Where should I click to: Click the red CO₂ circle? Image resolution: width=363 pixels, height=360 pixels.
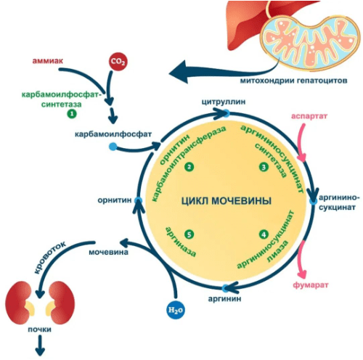(x=118, y=62)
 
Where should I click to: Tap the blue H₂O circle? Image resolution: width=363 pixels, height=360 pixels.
(x=176, y=310)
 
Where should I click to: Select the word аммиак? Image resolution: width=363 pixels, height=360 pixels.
(x=48, y=60)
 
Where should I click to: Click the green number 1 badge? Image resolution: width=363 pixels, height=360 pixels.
(x=72, y=114)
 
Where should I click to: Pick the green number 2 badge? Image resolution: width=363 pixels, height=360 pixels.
(x=189, y=167)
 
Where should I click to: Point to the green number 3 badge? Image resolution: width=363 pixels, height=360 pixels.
(x=264, y=167)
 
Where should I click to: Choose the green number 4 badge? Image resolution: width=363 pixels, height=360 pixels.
(x=264, y=234)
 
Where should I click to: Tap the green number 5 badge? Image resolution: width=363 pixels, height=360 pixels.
(x=189, y=234)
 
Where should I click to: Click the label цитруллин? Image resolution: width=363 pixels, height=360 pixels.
(x=224, y=102)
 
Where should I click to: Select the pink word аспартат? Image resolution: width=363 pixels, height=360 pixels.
(x=309, y=116)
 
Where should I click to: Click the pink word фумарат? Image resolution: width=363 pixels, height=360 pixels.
(x=311, y=285)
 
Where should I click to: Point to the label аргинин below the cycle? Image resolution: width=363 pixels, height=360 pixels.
(x=224, y=299)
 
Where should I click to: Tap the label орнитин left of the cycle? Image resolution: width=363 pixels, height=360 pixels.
(x=115, y=200)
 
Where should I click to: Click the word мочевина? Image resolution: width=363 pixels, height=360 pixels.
(x=108, y=253)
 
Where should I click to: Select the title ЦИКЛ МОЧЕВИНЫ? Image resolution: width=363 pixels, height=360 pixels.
(x=227, y=201)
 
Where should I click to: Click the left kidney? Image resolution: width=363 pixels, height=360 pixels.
(x=20, y=303)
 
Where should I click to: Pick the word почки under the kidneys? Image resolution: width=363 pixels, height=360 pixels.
(x=40, y=330)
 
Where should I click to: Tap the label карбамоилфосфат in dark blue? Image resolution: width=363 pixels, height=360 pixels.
(x=113, y=134)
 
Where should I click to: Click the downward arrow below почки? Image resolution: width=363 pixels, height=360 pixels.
(x=40, y=346)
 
